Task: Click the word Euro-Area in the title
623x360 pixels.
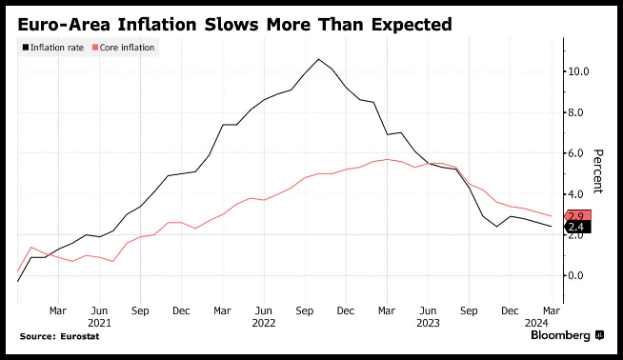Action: coord(64,25)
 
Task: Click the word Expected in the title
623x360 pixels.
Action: coord(412,25)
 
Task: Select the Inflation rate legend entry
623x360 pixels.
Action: coord(53,48)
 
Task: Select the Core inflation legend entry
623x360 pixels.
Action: coord(123,48)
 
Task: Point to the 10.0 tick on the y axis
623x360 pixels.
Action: coord(578,71)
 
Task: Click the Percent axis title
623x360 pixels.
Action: coord(598,171)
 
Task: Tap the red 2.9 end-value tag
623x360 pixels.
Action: coord(578,216)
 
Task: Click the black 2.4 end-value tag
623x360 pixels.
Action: coord(578,227)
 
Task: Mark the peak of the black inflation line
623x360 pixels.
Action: coord(318,59)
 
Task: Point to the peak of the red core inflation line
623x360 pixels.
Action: coord(387,159)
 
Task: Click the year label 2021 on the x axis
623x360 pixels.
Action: coord(99,323)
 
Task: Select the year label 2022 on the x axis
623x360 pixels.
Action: coord(264,323)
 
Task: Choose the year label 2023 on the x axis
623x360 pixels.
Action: coord(428,323)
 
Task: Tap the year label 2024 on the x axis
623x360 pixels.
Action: coord(536,323)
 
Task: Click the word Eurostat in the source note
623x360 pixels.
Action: coord(80,336)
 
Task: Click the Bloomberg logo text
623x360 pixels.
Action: coord(561,336)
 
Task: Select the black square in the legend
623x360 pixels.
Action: coord(26,48)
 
